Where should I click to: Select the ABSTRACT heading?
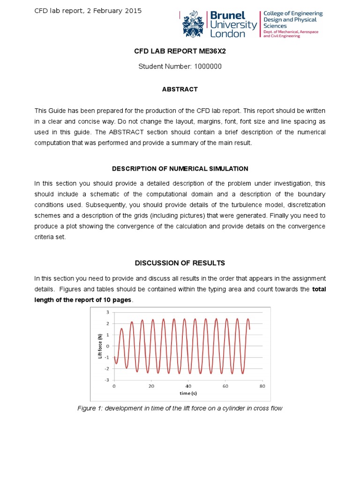(x=180, y=89)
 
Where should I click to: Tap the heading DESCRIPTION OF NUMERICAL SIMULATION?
(x=180, y=169)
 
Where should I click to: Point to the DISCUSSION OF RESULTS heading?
(x=180, y=262)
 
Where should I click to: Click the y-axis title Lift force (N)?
(x=100, y=346)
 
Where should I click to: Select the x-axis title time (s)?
(x=187, y=393)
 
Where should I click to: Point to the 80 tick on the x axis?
(x=262, y=386)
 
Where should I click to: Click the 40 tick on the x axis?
(x=188, y=386)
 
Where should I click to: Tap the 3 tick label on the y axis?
(x=107, y=312)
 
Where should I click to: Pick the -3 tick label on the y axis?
(x=107, y=380)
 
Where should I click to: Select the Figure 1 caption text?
(x=180, y=408)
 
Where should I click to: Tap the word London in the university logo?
(x=227, y=34)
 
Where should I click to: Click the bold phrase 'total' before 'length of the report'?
(x=319, y=289)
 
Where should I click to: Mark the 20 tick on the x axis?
(x=151, y=386)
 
